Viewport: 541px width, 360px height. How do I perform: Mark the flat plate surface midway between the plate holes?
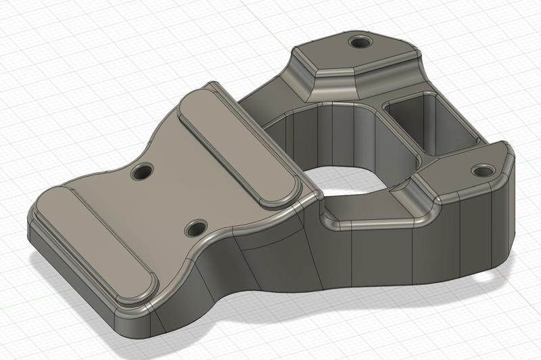(169, 200)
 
